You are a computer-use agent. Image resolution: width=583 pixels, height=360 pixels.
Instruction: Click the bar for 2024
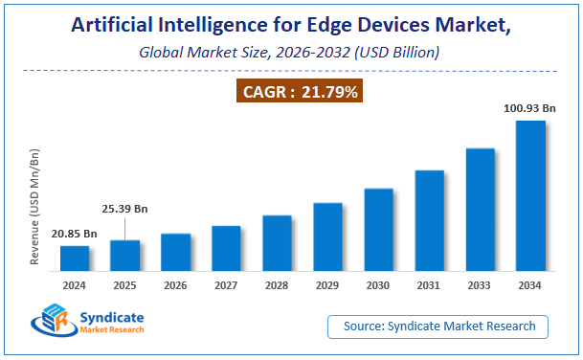pos(75,259)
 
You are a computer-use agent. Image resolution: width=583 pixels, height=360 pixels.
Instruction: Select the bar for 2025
pos(124,256)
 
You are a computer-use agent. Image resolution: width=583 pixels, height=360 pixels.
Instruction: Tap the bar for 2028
pos(277,243)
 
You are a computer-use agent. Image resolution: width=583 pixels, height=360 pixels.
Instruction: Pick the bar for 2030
pos(378,230)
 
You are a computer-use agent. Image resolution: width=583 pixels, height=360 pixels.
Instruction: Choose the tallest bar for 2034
pos(530,196)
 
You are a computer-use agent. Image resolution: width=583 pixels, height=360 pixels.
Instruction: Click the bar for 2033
pos(480,210)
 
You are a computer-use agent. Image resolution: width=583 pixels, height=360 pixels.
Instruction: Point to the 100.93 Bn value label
pos(529,109)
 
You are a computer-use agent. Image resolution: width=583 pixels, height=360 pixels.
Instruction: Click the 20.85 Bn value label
pos(75,234)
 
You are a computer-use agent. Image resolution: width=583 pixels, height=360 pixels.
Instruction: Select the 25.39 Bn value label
pos(125,208)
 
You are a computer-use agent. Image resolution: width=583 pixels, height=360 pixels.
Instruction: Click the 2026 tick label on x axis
pos(175,285)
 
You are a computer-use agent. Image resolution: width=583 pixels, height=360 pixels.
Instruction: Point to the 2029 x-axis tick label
pos(327,285)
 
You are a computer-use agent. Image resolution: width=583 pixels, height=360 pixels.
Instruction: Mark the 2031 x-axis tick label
pos(429,285)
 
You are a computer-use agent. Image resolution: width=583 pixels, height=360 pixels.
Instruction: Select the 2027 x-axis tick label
pos(226,285)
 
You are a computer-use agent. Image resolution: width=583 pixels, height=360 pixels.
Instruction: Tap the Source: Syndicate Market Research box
pos(439,326)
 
